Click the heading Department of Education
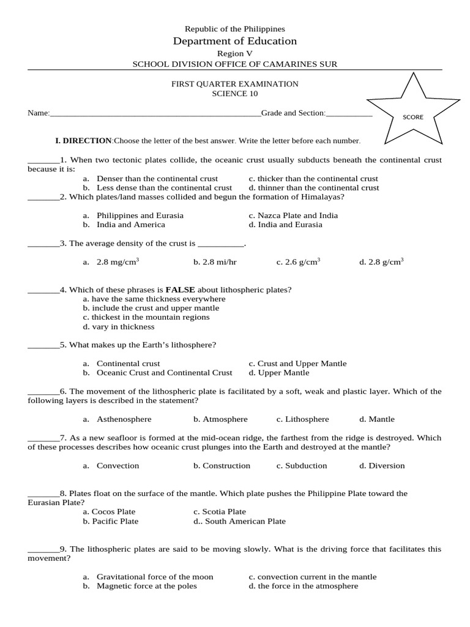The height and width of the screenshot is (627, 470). coord(235,41)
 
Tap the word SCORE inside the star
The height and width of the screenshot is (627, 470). coord(412,117)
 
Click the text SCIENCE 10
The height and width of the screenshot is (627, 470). coord(235,94)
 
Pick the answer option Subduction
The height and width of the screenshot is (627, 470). coord(306,465)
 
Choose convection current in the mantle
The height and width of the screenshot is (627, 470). coord(316,577)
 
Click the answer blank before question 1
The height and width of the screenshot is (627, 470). coord(43,160)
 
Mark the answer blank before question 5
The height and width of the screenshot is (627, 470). coord(43,345)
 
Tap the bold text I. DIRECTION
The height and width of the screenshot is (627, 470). coord(84,141)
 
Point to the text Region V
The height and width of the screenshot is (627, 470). coord(235,53)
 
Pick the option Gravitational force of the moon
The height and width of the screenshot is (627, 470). coord(154,577)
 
